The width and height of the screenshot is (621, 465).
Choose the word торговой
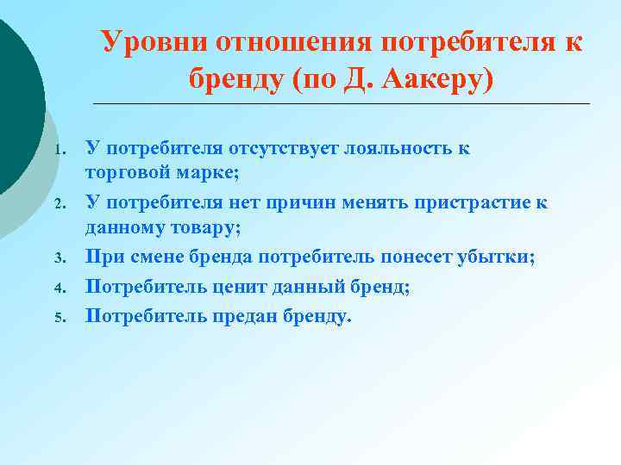click(126, 173)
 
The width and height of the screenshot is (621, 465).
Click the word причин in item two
click(316, 203)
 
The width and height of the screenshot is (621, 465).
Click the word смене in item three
click(162, 258)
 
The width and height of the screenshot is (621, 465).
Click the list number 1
click(58, 150)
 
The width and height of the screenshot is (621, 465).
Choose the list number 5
click(58, 318)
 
